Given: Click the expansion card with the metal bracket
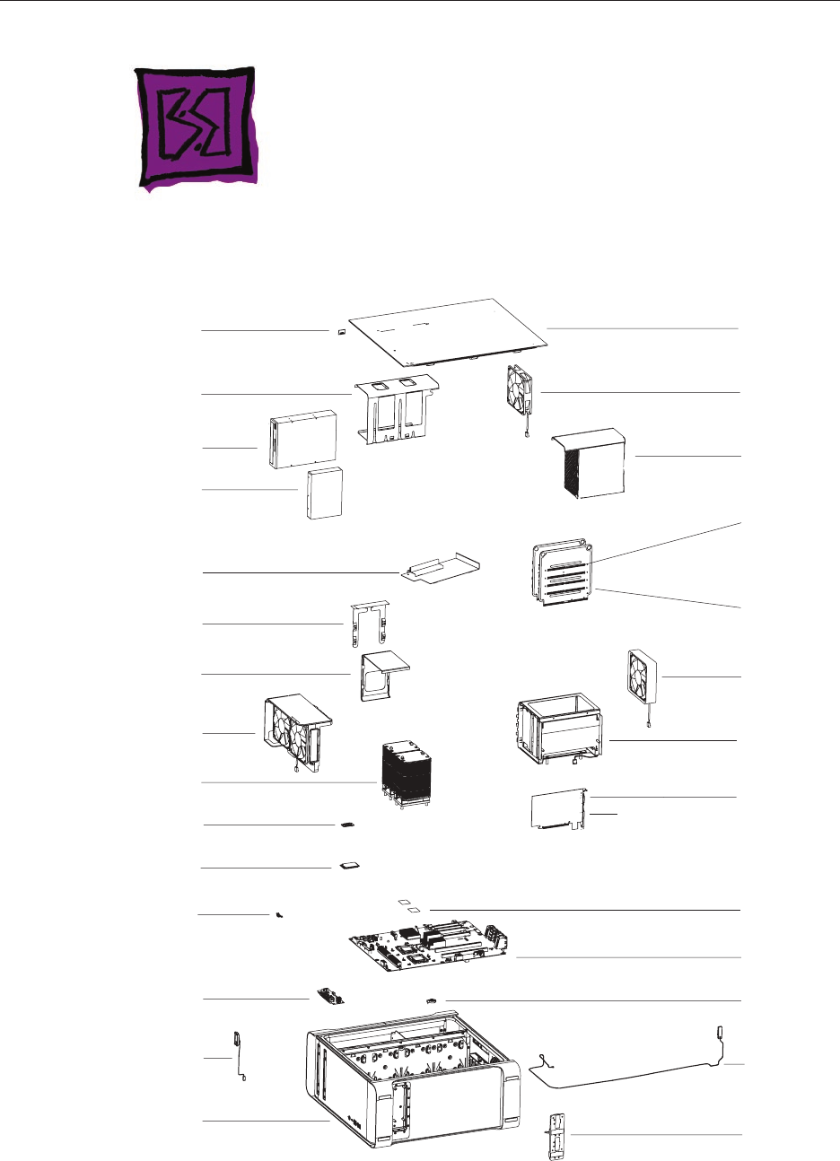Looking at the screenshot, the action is (560, 810).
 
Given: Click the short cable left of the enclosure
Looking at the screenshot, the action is (240, 1056).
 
